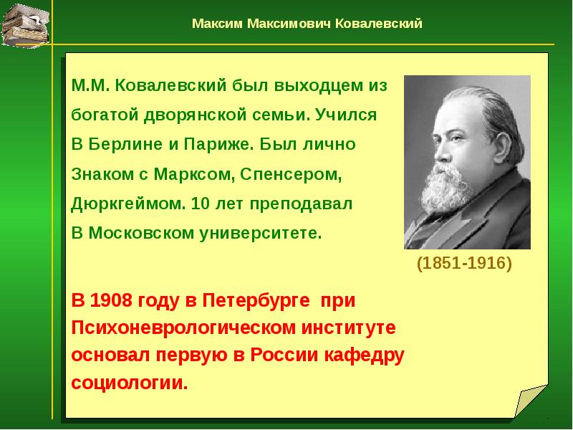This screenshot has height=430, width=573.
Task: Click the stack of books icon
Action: pyautogui.click(x=26, y=24)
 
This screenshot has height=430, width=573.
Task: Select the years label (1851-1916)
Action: pyautogui.click(x=465, y=264)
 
